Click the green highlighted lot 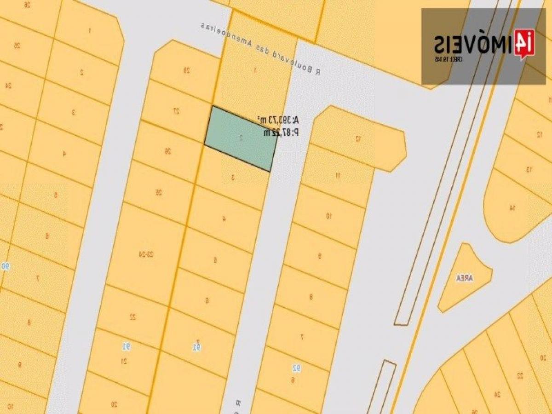pos(241,138)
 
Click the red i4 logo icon pos(524,44)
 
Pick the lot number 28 pos(186,70)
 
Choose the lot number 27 pos(176,111)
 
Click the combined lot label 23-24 pos(146,253)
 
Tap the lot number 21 pos(124,361)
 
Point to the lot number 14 pos(512,208)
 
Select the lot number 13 pos(529,170)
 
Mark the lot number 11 pos(338,175)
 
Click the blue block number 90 pos(6,266)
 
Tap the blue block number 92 pos(297,368)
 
